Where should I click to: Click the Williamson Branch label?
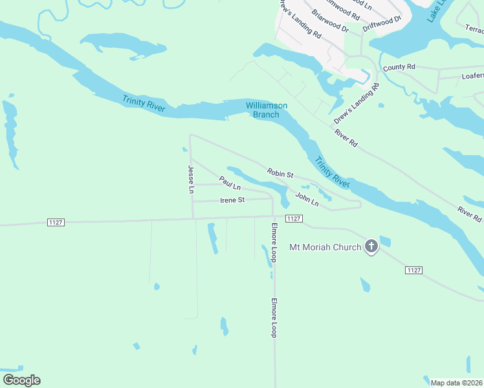click(266, 110)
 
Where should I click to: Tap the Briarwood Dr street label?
click(330, 21)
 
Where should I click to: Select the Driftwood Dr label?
click(382, 24)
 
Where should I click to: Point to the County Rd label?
click(399, 67)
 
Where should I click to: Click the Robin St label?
click(280, 174)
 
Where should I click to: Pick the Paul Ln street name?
click(230, 183)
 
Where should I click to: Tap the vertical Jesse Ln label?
click(191, 180)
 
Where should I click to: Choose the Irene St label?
click(232, 200)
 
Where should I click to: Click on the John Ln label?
click(307, 199)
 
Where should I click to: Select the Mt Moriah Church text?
click(325, 247)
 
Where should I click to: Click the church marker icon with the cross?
click(371, 246)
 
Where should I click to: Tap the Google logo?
click(21, 380)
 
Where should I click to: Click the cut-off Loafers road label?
click(472, 76)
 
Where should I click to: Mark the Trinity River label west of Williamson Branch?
click(144, 103)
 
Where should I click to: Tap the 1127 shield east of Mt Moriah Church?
click(414, 269)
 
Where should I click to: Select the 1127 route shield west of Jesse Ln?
click(56, 222)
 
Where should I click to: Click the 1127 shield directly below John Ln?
click(293, 219)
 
